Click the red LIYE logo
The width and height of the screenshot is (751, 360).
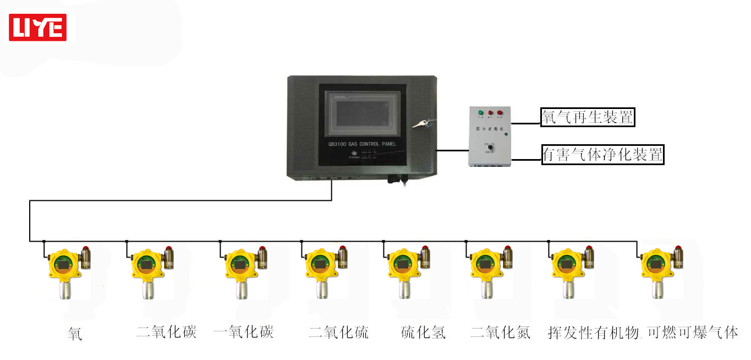(x=37, y=28)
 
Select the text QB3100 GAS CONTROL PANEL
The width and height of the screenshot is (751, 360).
(x=361, y=144)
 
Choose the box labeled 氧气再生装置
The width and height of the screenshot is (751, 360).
(x=588, y=117)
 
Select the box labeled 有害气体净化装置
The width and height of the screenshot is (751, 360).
(x=602, y=155)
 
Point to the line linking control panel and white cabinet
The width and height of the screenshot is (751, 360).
(x=452, y=150)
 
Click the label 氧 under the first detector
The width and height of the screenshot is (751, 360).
(x=75, y=334)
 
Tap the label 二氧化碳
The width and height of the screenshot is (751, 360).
(x=166, y=332)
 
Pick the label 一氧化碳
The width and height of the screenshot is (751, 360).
(x=243, y=332)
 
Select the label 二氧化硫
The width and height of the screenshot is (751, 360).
(x=338, y=332)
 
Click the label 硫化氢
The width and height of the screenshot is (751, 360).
(x=423, y=332)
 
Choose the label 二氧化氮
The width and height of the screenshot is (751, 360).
(x=501, y=332)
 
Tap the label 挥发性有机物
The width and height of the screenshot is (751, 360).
(x=593, y=332)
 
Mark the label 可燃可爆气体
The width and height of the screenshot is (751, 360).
(x=692, y=332)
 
